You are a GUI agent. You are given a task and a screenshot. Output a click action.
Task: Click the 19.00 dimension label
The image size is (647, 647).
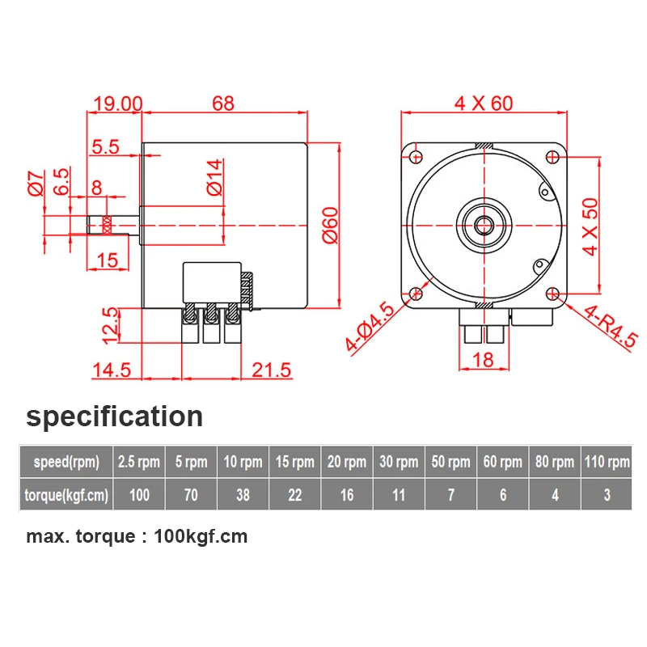tap(118, 104)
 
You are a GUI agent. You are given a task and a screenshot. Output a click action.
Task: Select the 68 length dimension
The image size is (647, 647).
tap(223, 104)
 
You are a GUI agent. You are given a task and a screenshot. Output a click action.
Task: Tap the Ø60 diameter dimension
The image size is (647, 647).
tap(330, 226)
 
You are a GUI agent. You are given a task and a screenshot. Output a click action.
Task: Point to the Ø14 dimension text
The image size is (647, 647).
tap(214, 177)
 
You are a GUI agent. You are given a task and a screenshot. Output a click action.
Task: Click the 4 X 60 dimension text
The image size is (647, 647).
tap(484, 104)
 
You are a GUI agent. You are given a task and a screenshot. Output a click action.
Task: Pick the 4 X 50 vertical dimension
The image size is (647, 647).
tap(590, 226)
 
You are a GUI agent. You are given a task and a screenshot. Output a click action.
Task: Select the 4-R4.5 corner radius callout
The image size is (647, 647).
tap(611, 325)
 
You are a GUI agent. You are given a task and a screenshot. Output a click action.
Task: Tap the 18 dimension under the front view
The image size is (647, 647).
tap(483, 360)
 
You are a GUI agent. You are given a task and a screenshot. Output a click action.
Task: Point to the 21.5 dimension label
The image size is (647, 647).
tap(271, 370)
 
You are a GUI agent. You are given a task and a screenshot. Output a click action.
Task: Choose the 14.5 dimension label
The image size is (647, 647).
tap(112, 370)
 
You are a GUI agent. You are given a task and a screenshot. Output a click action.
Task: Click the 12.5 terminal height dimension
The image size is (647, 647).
tap(110, 326)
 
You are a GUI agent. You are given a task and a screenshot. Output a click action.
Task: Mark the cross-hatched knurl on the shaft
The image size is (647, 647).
tap(107, 226)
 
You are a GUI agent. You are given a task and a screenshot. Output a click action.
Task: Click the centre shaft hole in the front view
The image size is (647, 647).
tap(484, 226)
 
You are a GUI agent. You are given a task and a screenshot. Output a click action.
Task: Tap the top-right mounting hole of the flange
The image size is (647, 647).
tap(552, 157)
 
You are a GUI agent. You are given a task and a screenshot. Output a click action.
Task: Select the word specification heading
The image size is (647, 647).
tap(114, 417)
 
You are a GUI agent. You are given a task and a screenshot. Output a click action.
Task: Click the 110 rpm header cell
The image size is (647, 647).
tap(607, 462)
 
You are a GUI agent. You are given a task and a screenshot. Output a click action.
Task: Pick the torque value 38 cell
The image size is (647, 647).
tap(243, 495)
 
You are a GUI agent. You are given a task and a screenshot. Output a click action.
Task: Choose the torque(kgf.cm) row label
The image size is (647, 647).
tap(66, 495)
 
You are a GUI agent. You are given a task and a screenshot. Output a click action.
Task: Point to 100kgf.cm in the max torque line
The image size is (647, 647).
tap(201, 536)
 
